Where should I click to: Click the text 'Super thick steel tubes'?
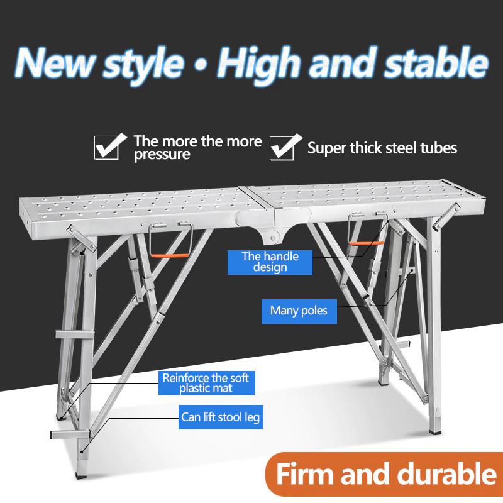point(382,148)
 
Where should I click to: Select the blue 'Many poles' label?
point(299,310)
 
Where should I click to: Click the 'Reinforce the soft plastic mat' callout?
point(206,382)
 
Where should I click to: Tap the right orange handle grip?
point(362,243)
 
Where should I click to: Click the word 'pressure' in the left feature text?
point(162,154)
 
